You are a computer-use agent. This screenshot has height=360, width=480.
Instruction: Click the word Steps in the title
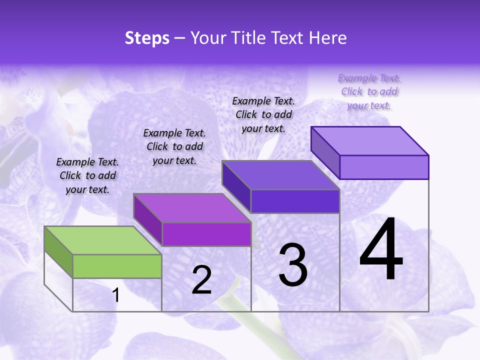(147, 38)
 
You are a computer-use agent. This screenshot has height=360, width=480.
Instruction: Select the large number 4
(381, 250)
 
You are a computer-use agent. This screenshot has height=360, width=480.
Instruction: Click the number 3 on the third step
(293, 265)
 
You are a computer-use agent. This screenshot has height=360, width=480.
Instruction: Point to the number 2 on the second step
(202, 280)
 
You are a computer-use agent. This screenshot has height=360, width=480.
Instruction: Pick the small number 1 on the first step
(116, 295)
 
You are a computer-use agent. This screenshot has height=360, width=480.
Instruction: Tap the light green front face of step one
(117, 266)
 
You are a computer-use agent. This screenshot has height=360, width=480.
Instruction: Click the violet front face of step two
(206, 234)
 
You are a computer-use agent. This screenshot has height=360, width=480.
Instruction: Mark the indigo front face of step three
(295, 201)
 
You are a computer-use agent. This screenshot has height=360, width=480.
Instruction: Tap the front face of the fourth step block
(384, 167)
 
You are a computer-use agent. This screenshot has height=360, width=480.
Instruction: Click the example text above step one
(87, 175)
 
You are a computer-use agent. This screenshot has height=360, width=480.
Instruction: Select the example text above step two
(174, 146)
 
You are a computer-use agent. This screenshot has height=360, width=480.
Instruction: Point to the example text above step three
(263, 114)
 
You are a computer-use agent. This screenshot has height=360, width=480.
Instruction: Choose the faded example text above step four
(369, 91)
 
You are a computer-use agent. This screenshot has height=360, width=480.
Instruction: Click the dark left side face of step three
(236, 186)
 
